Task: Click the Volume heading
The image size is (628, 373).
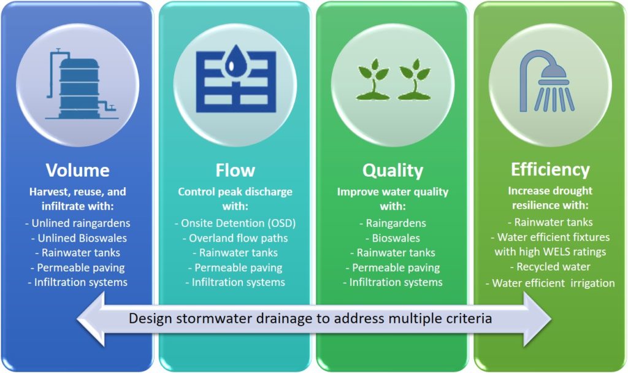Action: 78,171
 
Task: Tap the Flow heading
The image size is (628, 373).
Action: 235,171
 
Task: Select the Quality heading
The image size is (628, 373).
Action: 393,171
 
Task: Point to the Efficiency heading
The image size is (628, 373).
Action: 550,170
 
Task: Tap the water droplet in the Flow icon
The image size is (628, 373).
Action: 235,60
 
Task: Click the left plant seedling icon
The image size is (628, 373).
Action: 373,79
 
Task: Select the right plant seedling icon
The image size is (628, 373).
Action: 414,79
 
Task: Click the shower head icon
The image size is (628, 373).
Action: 547,81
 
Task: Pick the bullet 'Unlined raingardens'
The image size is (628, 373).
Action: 78,223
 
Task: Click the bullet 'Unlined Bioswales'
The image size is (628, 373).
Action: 79,238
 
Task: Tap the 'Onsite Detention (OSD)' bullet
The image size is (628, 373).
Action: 235,223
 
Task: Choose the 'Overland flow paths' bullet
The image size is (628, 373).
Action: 235,238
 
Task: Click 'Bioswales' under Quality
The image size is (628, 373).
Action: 393,238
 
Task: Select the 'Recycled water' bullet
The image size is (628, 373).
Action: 550,267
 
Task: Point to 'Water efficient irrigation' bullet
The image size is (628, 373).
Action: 550,283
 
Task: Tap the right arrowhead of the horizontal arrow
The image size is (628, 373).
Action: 537,319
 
